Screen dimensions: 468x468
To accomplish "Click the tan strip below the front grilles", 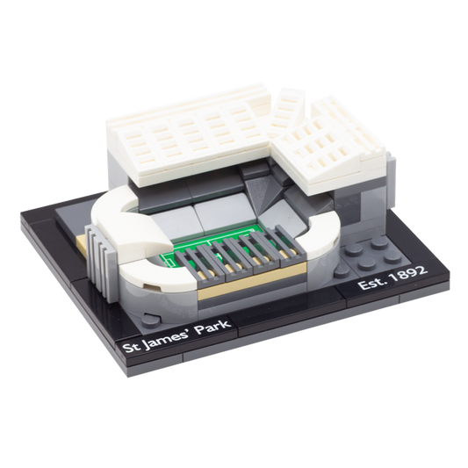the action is [x=251, y=277].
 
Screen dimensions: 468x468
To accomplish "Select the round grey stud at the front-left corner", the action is [x=151, y=320].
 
